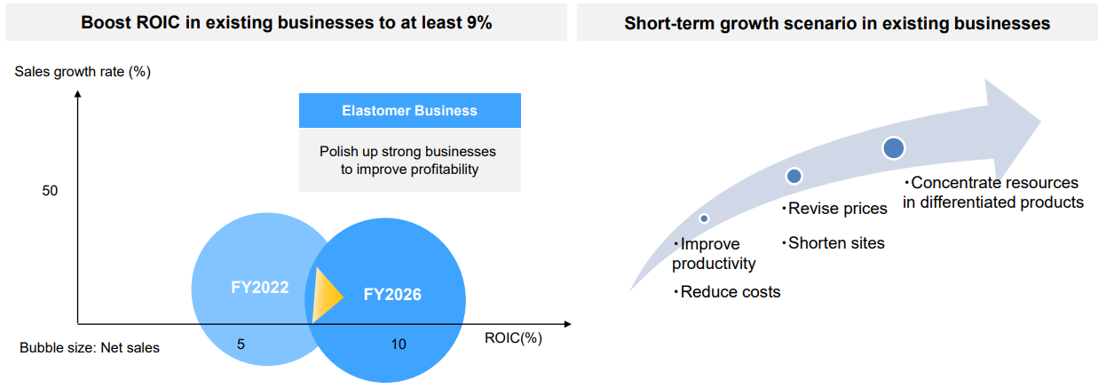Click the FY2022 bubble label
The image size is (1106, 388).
click(260, 288)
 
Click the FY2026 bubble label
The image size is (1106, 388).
click(392, 294)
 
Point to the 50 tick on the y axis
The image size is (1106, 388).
click(50, 191)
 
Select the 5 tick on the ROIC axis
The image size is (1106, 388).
click(241, 344)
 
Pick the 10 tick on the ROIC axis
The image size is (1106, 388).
click(399, 344)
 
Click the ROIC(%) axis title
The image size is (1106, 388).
click(513, 338)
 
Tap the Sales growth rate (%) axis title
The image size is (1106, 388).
click(83, 72)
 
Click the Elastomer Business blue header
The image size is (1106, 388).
click(410, 111)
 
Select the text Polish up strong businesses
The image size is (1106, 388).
click(407, 151)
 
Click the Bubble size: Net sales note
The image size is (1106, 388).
click(90, 347)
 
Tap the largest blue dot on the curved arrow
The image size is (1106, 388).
click(894, 148)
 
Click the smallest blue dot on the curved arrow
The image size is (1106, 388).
click(704, 218)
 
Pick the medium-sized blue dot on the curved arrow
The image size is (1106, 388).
click(794, 176)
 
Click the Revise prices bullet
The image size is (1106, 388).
click(834, 209)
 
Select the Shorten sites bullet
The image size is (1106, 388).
click(833, 243)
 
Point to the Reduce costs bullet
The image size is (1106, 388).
click(727, 292)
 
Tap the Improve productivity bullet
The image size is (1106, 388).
click(714, 254)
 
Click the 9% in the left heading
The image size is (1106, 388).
click(478, 23)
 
